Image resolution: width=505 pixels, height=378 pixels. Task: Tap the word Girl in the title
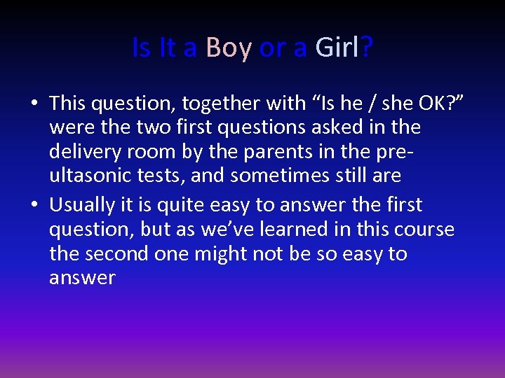pos(337,48)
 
